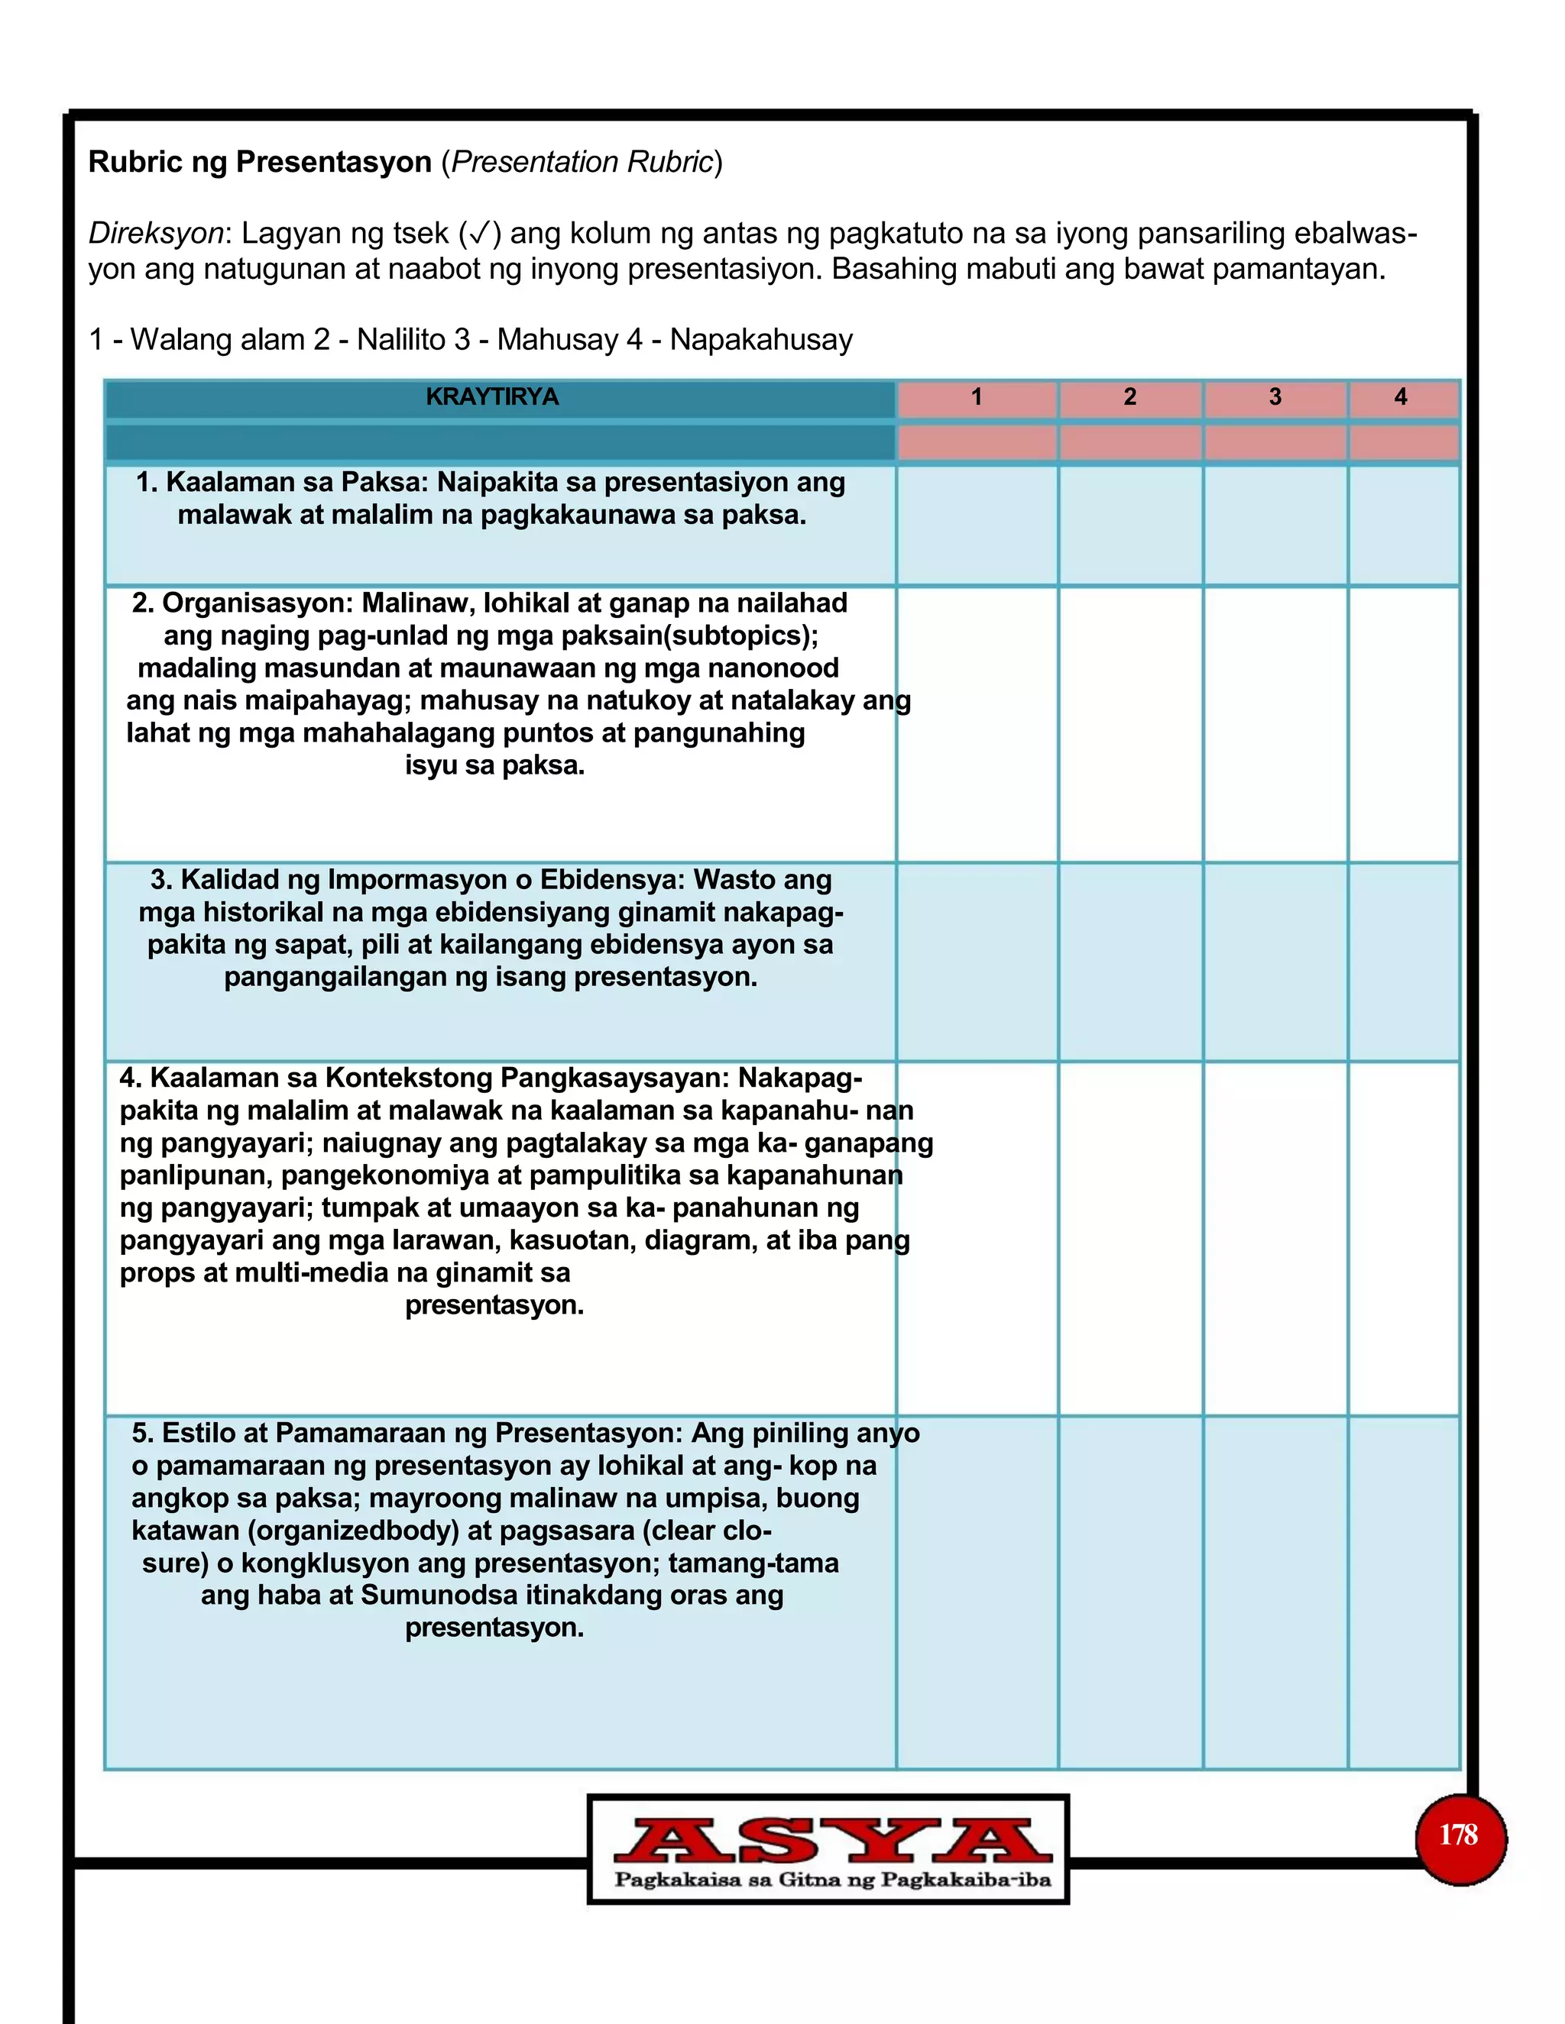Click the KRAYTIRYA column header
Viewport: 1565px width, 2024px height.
(491, 398)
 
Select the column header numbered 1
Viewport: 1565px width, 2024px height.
(977, 398)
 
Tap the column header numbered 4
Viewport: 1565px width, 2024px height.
(1401, 398)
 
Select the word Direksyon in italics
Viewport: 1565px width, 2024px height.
(156, 234)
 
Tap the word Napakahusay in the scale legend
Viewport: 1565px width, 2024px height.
(761, 340)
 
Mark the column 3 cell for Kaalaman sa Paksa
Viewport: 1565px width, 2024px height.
(1275, 525)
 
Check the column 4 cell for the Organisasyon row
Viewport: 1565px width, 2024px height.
(1403, 724)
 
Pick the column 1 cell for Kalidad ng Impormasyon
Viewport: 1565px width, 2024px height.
(977, 961)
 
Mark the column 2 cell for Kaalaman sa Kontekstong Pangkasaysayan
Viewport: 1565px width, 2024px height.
(1130, 1237)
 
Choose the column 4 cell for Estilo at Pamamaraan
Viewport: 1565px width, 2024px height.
(1403, 1591)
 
